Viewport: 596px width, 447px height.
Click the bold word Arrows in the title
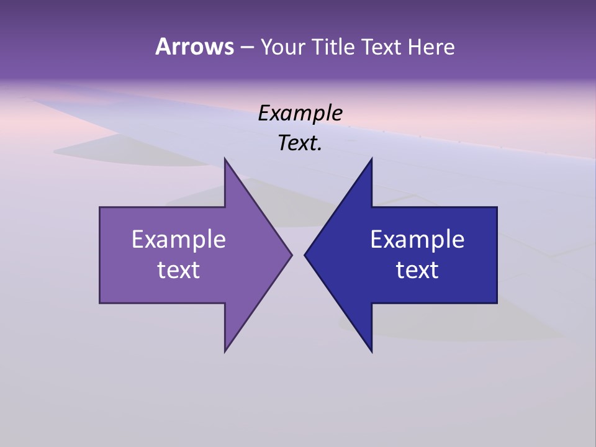point(194,47)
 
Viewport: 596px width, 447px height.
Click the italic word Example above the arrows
point(300,114)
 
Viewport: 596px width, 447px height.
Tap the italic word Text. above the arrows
point(300,143)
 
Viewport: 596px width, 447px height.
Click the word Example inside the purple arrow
point(179,239)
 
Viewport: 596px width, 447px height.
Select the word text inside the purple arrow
point(179,270)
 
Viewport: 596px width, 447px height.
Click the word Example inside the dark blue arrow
point(417,239)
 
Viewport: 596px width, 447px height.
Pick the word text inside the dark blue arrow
point(417,270)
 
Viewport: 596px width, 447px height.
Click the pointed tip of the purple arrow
point(292,255)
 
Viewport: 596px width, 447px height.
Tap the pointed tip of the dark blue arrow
point(305,255)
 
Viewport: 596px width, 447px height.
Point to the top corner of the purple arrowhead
point(225,158)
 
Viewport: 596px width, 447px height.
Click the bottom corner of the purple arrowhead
point(225,352)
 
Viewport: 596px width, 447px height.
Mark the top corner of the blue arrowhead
point(372,158)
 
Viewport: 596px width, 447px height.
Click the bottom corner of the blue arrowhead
point(372,352)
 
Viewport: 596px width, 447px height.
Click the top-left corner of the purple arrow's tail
point(100,207)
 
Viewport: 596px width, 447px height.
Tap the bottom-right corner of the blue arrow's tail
point(497,303)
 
